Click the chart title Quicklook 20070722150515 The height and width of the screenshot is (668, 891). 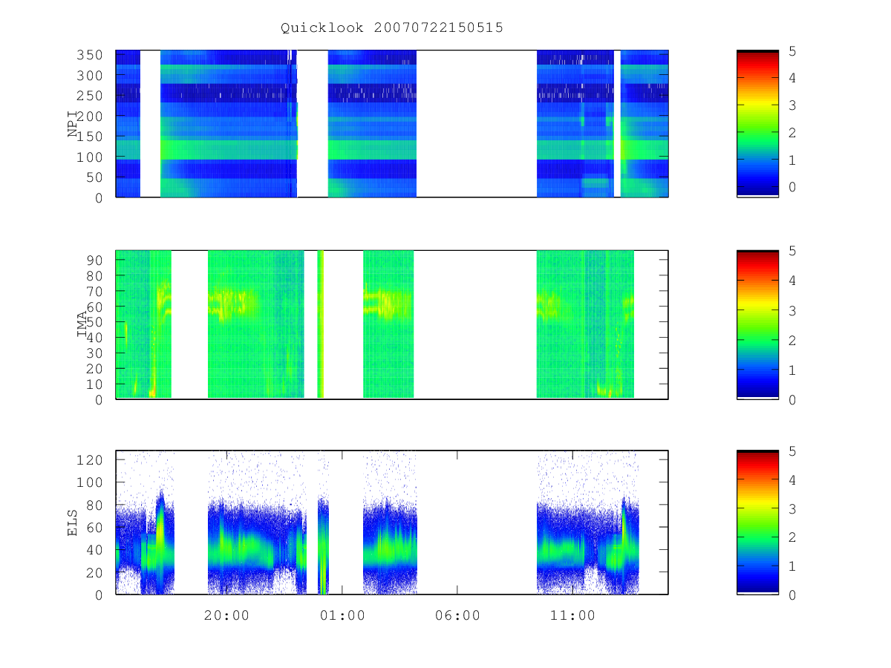click(391, 27)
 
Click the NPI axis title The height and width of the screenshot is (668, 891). click(72, 124)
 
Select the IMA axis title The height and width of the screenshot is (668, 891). click(82, 324)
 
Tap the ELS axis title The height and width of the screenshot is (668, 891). click(72, 523)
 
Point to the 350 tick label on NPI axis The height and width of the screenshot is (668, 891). click(89, 55)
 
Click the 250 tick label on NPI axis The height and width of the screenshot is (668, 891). click(89, 96)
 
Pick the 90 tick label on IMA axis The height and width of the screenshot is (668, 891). click(94, 261)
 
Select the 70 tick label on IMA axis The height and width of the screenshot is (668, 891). click(94, 291)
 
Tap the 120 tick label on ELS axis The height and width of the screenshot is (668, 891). click(89, 460)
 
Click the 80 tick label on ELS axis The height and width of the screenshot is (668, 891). click(94, 505)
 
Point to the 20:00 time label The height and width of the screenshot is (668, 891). click(226, 615)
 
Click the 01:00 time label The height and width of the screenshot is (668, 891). click(342, 615)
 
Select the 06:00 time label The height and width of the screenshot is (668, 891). click(457, 615)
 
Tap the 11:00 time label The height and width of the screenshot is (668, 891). click(572, 615)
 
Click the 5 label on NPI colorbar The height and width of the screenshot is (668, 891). click(792, 51)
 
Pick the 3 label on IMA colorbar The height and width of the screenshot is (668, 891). click(792, 311)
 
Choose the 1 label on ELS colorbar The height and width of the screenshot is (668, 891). click(792, 566)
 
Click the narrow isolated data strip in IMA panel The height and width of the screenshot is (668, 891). click(320, 324)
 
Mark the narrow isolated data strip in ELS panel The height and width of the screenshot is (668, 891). click(323, 546)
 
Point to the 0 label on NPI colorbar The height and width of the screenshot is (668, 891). click(792, 187)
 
